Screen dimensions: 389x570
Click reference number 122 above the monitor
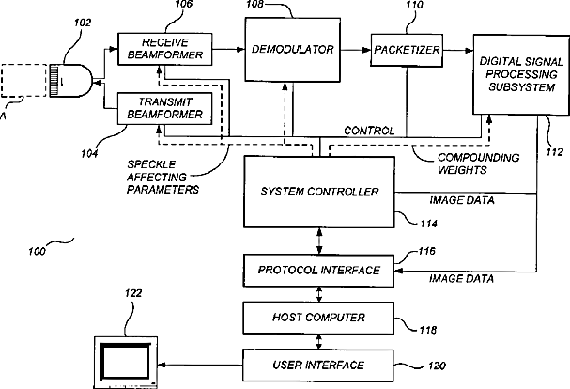click(133, 294)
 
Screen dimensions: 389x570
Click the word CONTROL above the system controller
click(368, 130)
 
